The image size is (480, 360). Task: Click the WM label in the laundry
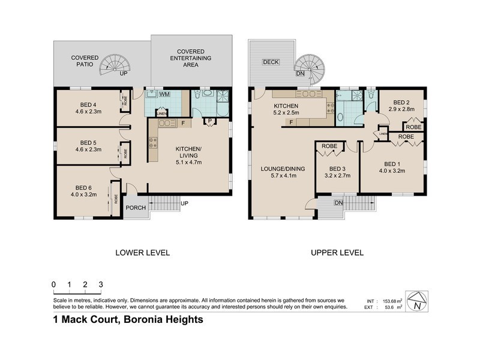point(164,94)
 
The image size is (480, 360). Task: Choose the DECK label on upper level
point(271,62)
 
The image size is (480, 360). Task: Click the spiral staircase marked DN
point(312,65)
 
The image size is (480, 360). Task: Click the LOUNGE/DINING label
point(283,169)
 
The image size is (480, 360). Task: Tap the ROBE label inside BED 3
point(329,146)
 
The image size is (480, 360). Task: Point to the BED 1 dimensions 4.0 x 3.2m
point(393,171)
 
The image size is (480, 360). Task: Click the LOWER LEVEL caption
point(142,253)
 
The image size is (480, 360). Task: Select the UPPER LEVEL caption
point(337,253)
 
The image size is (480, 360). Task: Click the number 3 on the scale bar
point(101,284)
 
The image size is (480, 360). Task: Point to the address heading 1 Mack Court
point(128,319)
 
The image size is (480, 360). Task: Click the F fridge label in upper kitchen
point(292,122)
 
